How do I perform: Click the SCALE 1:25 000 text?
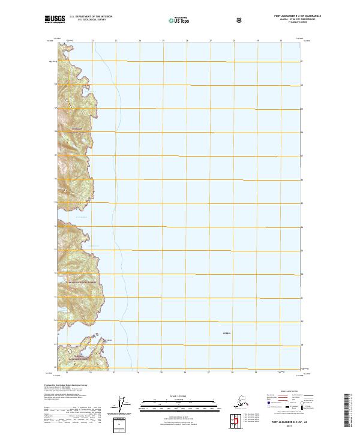[x=179, y=397]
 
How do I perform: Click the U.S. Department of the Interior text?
[x=91, y=17]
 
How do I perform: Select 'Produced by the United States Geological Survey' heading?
[x=63, y=385]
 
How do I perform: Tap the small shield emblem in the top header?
[x=240, y=20]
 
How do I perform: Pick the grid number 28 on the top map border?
[x=233, y=40]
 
